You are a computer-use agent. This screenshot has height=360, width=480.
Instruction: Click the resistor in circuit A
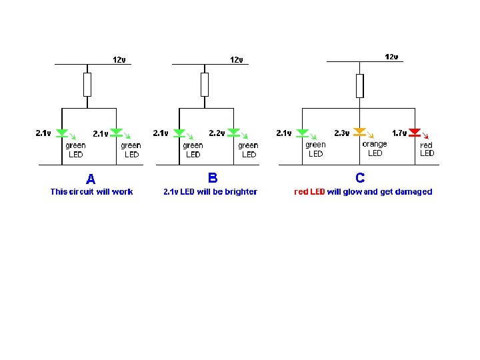pos(87,85)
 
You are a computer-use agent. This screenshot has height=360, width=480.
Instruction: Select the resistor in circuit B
pos(205,85)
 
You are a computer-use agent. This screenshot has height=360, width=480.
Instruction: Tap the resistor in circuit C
pos(360,85)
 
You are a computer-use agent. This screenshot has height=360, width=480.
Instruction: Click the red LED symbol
pos(414,132)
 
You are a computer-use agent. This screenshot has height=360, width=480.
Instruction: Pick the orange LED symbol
pos(360,132)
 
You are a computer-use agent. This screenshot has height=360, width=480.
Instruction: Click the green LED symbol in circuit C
pos(302,133)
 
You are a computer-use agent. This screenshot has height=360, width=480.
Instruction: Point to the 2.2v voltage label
pos(217,133)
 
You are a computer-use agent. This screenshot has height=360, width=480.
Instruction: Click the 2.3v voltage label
pos(342,133)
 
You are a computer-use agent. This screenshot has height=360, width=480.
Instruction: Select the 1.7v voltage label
pos(399,133)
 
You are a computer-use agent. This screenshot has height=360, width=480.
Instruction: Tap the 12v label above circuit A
pos(119,59)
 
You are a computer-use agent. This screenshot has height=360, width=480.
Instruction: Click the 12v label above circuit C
pos(391,57)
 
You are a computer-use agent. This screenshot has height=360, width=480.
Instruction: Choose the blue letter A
pos(91,179)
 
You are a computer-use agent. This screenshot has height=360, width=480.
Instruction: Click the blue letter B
pos(213,178)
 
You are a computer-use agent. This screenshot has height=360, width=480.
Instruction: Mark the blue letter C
pos(360,178)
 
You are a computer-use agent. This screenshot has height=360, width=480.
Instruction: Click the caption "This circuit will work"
pos(91,192)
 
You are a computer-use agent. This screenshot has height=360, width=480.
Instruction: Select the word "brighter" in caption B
pos(241,192)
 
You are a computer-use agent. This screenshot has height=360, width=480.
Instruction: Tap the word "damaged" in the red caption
pos(414,192)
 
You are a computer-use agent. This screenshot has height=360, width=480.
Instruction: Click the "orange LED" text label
pos(375,148)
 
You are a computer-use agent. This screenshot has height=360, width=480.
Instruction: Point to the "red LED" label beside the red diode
pos(427,149)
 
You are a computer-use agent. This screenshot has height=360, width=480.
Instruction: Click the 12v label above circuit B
pos(237,60)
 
